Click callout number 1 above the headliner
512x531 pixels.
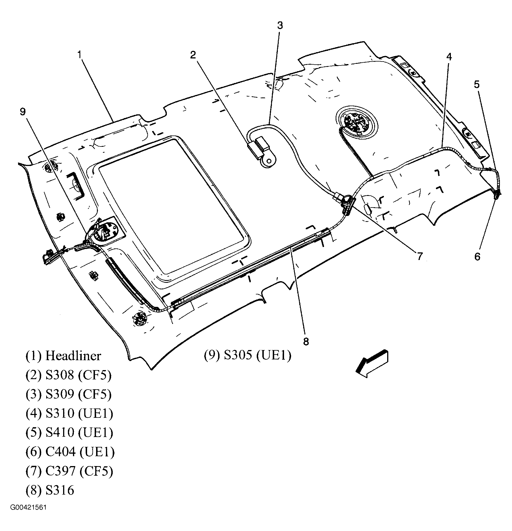[80, 54]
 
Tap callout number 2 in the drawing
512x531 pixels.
[193, 55]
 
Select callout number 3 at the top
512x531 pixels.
[280, 26]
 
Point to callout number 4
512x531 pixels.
[449, 57]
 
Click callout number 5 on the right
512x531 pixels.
[476, 84]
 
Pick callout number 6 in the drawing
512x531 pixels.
[477, 257]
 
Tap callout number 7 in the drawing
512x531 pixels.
[420, 256]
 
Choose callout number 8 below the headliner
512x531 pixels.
[306, 342]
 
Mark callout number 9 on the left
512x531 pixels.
[23, 112]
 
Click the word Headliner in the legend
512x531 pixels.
[73, 356]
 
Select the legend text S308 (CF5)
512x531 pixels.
[78, 375]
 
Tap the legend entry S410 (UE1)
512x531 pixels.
[79, 432]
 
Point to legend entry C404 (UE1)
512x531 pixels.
[80, 452]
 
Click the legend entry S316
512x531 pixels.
[60, 490]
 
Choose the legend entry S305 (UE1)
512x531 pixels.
[257, 356]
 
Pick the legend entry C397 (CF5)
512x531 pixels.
[79, 471]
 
